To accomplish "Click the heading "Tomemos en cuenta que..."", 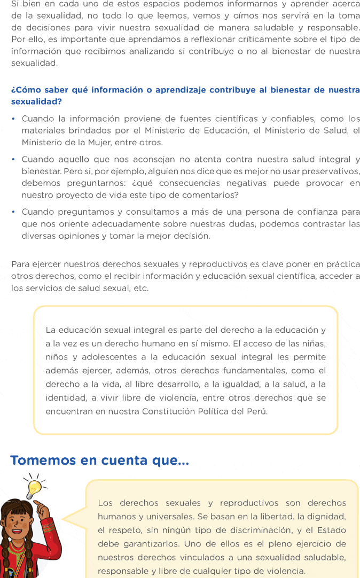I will pos(99,460).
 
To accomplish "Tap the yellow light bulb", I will pos(35,486).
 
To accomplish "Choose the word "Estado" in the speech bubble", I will pos(328,530).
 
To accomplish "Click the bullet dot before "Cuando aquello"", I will pos(13,160).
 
